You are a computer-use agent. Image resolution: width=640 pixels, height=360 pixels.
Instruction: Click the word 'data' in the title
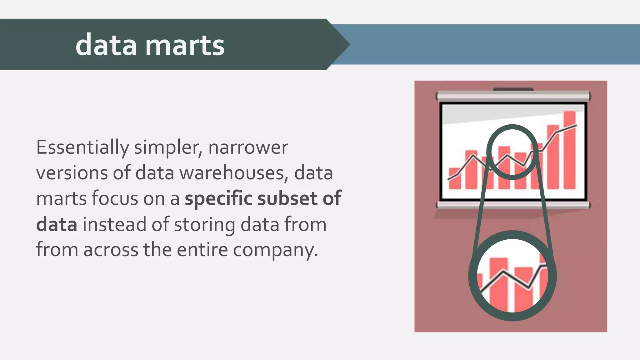click(x=106, y=45)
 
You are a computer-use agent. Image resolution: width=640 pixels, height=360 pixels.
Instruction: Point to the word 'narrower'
click(x=248, y=147)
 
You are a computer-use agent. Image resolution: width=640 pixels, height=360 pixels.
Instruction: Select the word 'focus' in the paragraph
click(x=115, y=198)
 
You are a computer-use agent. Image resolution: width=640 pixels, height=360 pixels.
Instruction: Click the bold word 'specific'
click(x=218, y=198)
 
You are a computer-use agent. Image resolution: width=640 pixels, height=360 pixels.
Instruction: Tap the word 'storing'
click(x=204, y=224)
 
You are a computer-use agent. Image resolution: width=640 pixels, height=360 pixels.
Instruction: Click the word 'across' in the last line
click(x=111, y=250)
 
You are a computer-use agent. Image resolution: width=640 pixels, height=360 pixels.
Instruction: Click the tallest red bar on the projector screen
click(x=569, y=150)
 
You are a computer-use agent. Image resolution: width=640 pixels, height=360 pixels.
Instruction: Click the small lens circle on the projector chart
click(x=512, y=152)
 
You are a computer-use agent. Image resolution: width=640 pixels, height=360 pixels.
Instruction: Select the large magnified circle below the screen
click(x=512, y=276)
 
